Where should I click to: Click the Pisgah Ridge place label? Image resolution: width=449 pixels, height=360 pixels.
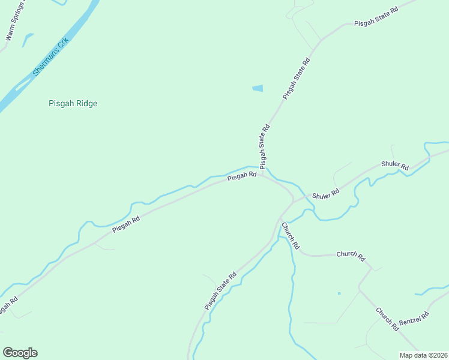click(73, 103)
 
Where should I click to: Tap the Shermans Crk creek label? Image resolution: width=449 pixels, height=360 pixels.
click(51, 57)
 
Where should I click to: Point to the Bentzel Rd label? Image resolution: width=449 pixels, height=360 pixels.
click(417, 320)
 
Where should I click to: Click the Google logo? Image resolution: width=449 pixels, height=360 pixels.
click(20, 353)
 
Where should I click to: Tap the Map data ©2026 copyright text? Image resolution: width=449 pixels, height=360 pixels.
click(423, 355)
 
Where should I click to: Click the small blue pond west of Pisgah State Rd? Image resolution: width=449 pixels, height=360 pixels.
click(258, 89)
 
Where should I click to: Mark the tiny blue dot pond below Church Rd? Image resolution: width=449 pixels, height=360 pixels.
click(339, 293)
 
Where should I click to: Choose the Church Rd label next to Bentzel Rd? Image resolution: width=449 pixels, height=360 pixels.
click(387, 319)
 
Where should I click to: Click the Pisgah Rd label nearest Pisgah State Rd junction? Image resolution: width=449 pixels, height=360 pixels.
click(242, 176)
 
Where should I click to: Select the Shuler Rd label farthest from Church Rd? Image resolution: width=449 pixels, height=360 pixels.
click(394, 165)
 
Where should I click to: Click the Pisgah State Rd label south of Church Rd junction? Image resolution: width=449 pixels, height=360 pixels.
click(220, 291)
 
